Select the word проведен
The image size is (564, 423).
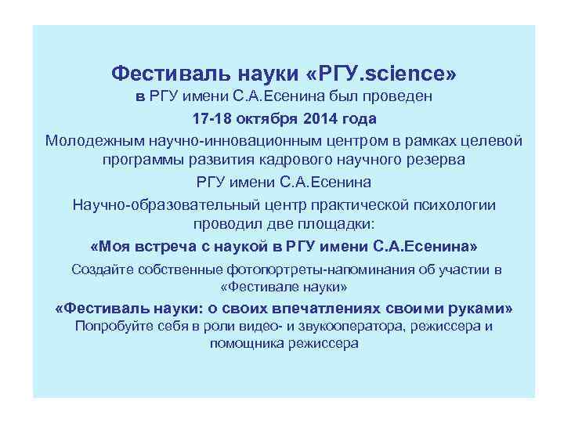[x=395, y=98]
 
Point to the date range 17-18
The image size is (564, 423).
[x=213, y=120]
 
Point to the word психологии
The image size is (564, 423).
[x=454, y=205]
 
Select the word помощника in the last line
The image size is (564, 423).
[x=248, y=344]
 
